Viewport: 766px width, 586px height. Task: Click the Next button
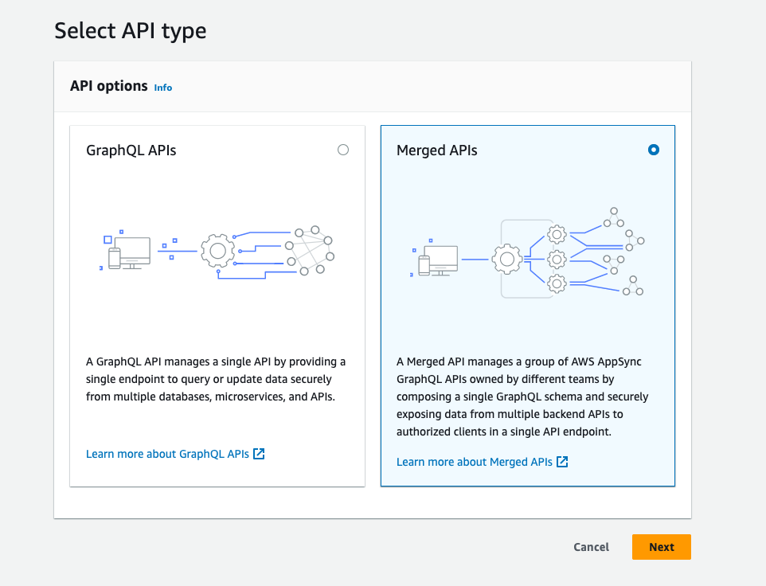pos(661,547)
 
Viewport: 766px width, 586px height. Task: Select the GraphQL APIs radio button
pos(343,150)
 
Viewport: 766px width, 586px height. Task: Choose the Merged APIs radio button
pos(654,150)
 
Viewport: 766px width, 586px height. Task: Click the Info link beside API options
pos(163,88)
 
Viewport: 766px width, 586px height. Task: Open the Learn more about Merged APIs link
pos(475,462)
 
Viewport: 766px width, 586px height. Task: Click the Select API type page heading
pos(131,31)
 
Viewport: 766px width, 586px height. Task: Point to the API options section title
pos(109,86)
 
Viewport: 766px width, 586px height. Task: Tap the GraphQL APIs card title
pos(131,150)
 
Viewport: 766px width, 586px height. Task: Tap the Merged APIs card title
pos(437,150)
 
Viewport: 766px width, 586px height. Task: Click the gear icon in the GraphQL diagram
pos(217,250)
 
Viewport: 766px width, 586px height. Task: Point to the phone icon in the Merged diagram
pos(424,265)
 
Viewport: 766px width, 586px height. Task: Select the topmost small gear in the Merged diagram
pos(557,234)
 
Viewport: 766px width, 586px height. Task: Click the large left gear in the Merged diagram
pos(506,259)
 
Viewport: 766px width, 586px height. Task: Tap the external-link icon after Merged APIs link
pos(562,462)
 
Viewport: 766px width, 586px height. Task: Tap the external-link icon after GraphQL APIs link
pos(259,454)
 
